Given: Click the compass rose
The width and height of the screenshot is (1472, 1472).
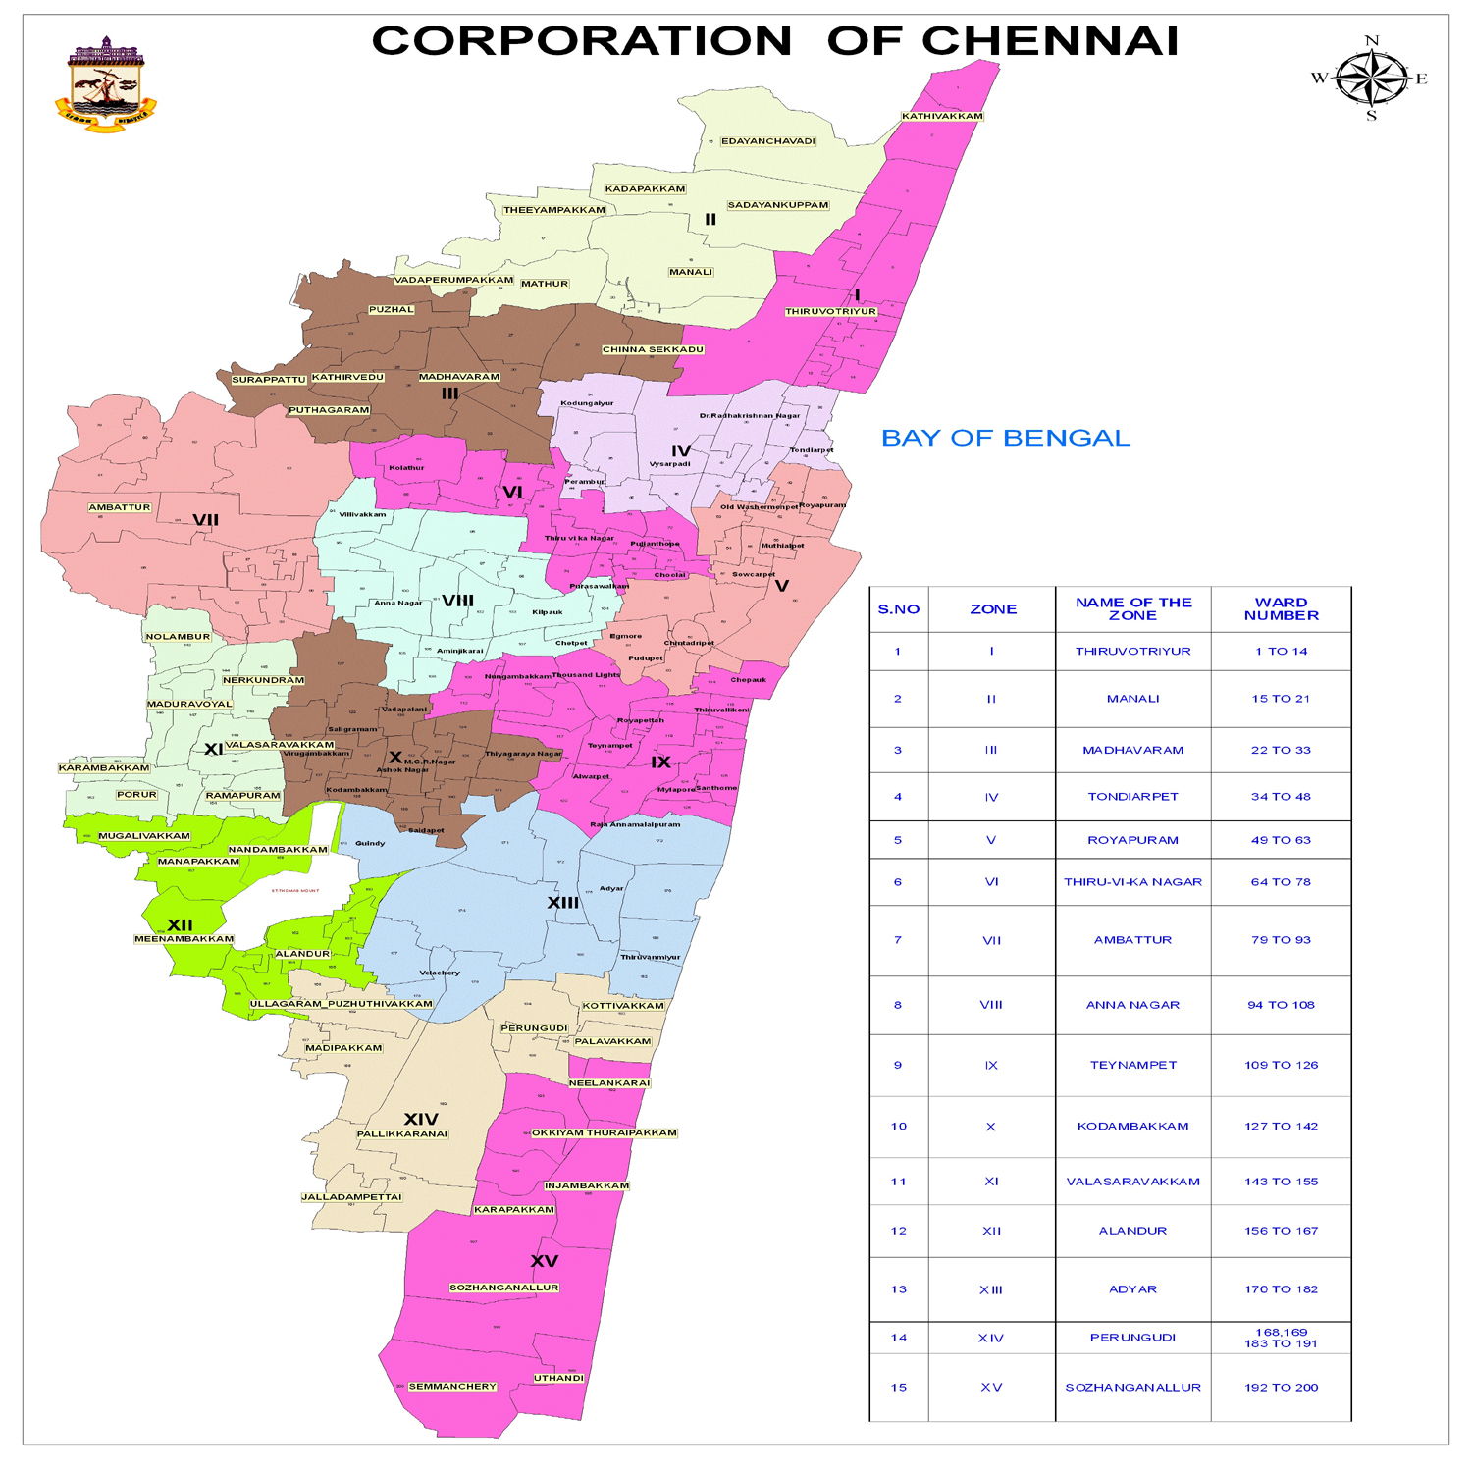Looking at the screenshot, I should tap(1371, 78).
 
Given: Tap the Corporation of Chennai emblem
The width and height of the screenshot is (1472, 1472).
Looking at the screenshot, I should tap(105, 85).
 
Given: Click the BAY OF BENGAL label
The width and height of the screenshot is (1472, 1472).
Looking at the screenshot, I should tap(1006, 438).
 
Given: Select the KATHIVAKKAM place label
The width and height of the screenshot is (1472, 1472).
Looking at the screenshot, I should tap(942, 116).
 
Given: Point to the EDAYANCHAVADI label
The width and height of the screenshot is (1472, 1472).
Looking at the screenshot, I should tap(768, 141).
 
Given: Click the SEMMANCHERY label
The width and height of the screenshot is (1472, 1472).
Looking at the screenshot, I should tap(452, 1386).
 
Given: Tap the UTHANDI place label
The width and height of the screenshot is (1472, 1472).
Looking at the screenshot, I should tap(558, 1378).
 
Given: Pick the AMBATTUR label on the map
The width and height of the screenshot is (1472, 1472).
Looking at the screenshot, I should tap(120, 507).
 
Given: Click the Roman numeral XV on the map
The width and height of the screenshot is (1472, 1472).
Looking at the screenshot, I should tap(545, 1261).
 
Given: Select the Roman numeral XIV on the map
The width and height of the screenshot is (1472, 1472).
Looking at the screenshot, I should tap(421, 1119).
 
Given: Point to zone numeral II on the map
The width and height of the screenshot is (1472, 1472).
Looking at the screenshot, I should tap(710, 220).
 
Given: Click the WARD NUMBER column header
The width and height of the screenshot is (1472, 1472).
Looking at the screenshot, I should tap(1281, 608).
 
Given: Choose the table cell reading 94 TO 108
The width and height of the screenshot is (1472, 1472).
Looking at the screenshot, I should tap(1281, 1005).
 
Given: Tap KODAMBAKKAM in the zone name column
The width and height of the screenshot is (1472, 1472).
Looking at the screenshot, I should tap(1132, 1126).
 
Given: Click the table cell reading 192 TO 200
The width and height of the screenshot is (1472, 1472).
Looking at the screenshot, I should tap(1281, 1387).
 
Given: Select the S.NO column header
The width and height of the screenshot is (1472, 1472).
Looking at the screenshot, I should tap(898, 609).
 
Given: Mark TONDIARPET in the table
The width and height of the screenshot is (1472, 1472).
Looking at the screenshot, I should tap(1132, 797).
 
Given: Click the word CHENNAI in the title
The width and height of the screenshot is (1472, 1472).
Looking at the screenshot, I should tap(1049, 41).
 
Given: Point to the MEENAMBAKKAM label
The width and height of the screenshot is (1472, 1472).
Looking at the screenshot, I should tap(184, 939).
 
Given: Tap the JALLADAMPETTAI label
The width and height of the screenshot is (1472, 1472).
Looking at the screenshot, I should tap(351, 1197).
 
